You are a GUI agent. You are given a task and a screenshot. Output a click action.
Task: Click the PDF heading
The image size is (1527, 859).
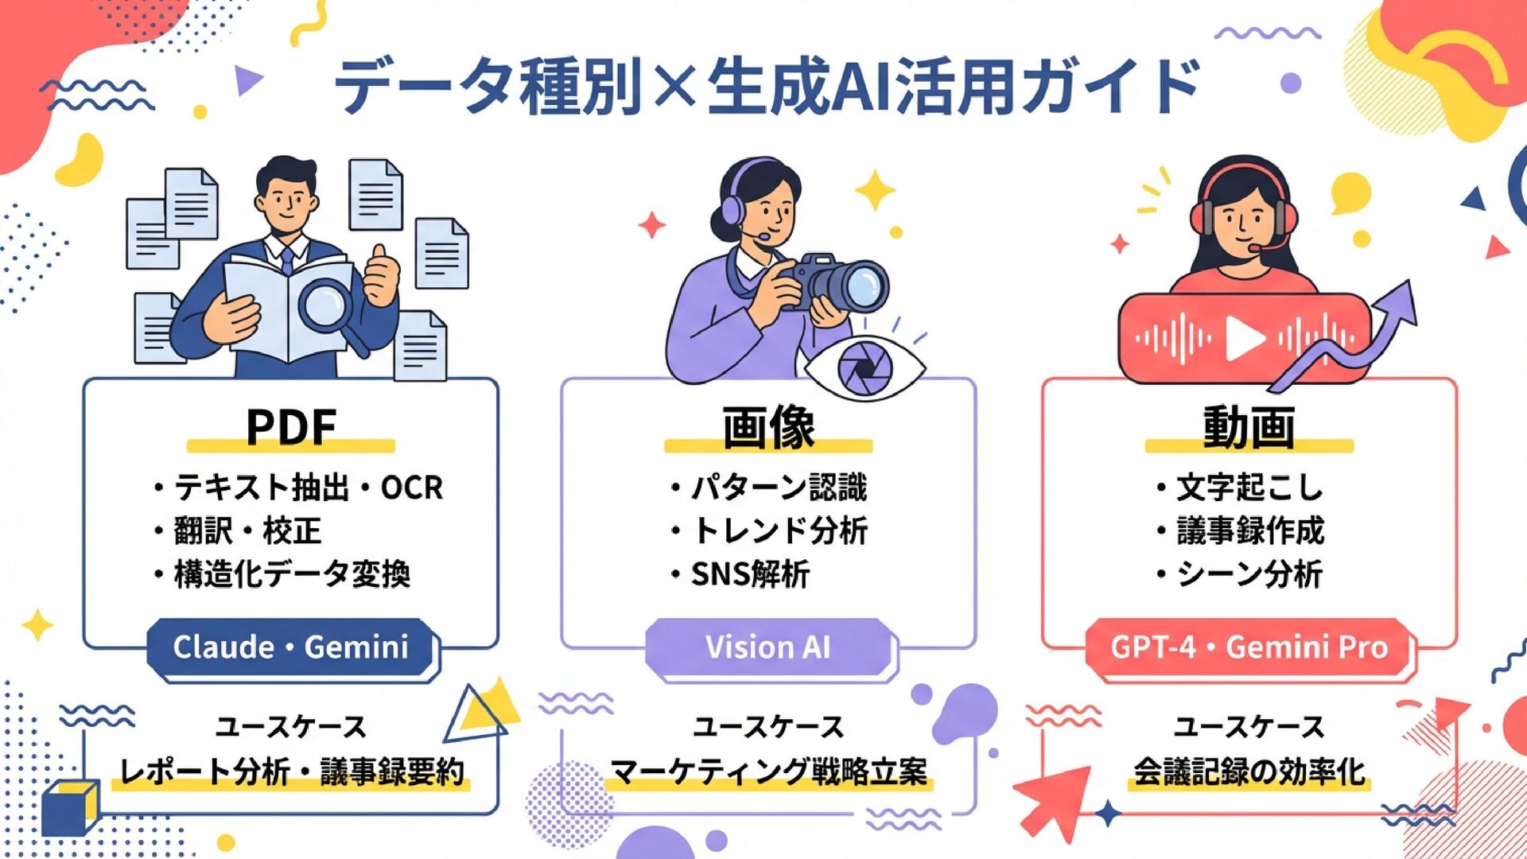(291, 427)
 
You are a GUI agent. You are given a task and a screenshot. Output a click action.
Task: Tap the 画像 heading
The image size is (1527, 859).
(768, 427)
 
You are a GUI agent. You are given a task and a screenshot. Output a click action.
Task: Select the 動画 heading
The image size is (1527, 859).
(1249, 427)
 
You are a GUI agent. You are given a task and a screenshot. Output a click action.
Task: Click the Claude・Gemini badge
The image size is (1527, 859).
(291, 647)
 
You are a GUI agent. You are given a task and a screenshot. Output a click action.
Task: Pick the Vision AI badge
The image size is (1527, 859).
(768, 647)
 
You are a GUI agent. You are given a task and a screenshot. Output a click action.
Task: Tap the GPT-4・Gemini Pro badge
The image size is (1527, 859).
(1249, 647)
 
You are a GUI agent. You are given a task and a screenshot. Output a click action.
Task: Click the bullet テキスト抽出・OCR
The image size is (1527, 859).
(307, 488)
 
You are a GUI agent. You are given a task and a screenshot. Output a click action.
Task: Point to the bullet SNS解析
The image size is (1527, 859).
(749, 573)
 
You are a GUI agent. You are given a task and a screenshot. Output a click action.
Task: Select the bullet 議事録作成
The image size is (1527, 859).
(1249, 531)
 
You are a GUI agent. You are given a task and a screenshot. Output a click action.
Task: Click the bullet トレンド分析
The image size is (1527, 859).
(779, 531)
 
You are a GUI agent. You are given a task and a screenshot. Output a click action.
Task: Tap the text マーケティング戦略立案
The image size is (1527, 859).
(768, 772)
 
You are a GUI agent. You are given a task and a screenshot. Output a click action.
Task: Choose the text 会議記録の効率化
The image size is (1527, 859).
(1249, 772)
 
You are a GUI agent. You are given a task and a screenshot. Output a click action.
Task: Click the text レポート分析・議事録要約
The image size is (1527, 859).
(291, 772)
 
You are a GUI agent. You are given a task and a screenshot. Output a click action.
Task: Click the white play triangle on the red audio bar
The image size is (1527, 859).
(1243, 338)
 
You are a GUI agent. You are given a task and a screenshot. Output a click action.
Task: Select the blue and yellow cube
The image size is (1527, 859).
(70, 807)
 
